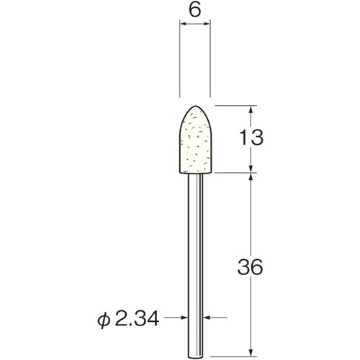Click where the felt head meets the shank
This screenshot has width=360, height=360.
(x=194, y=172)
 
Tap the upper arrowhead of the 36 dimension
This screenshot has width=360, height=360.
(x=251, y=177)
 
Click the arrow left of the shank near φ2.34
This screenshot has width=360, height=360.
(x=184, y=315)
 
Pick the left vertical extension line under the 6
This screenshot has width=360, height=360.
(x=179, y=65)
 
